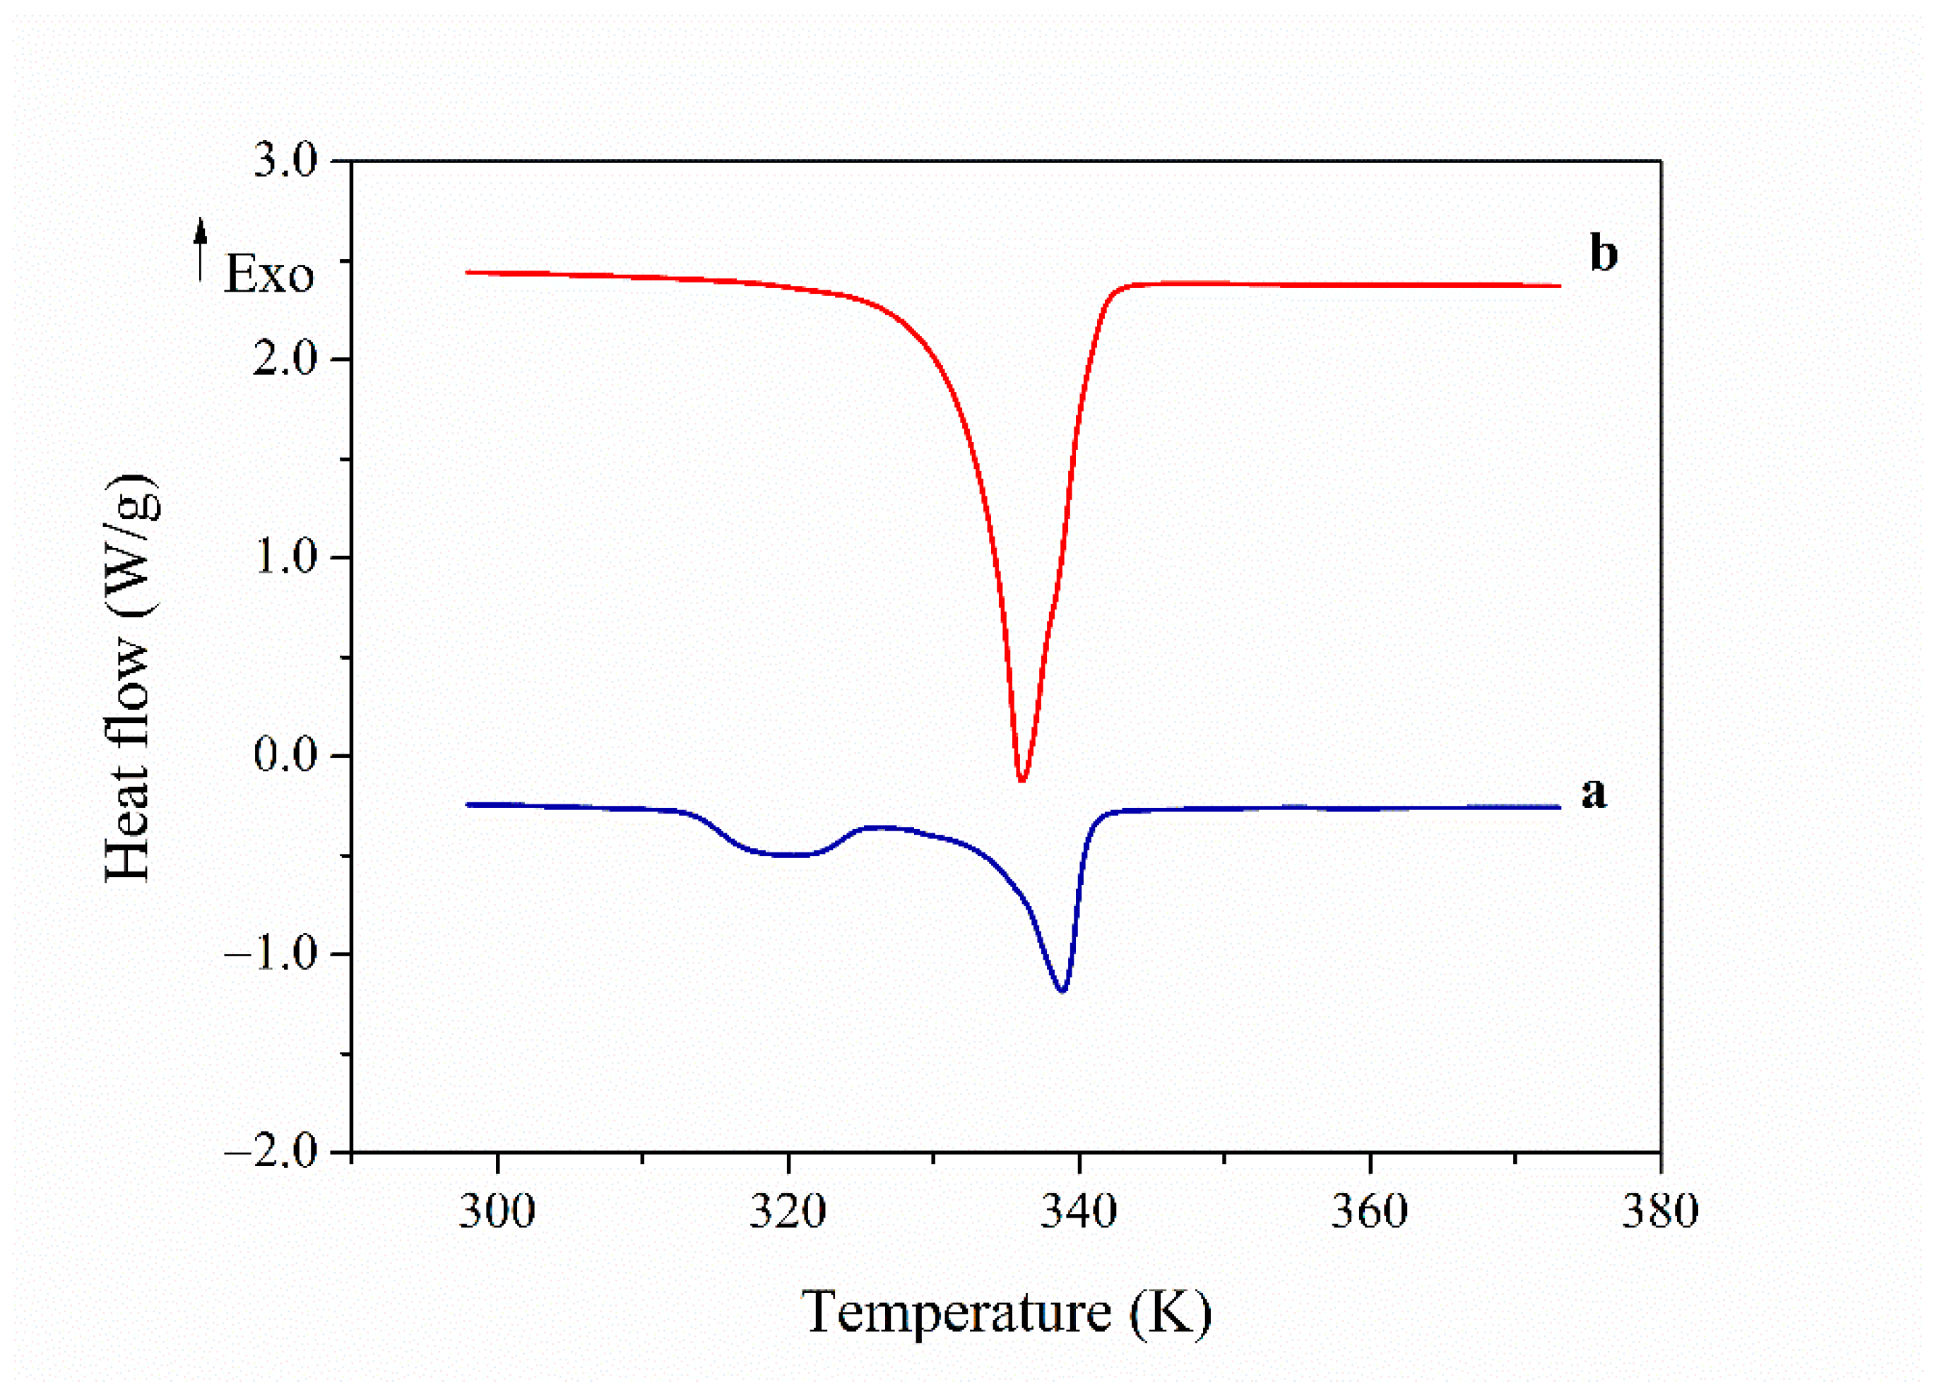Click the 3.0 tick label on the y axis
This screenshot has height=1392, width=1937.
tap(285, 162)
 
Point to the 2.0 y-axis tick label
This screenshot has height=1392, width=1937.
tap(285, 359)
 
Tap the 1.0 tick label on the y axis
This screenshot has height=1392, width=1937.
tap(285, 558)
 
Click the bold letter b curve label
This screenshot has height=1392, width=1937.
tap(1603, 254)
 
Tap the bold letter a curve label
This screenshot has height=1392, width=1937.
tap(1594, 792)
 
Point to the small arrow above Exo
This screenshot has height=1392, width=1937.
tap(201, 248)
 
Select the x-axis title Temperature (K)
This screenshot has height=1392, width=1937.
tap(1006, 1313)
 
